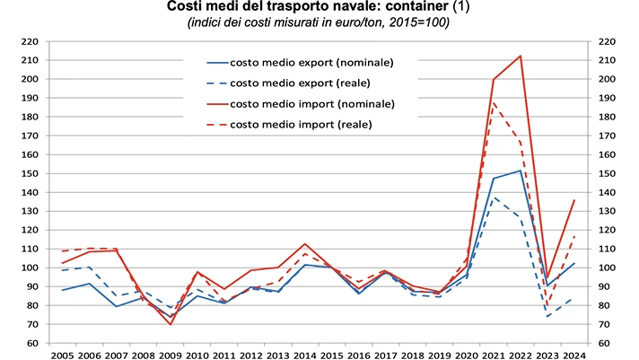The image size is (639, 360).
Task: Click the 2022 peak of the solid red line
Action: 521,56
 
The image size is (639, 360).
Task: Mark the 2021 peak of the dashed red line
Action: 494,102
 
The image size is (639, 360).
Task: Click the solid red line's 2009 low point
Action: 170,324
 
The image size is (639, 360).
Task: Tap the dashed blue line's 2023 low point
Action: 547,317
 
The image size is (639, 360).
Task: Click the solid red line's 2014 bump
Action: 305,244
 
